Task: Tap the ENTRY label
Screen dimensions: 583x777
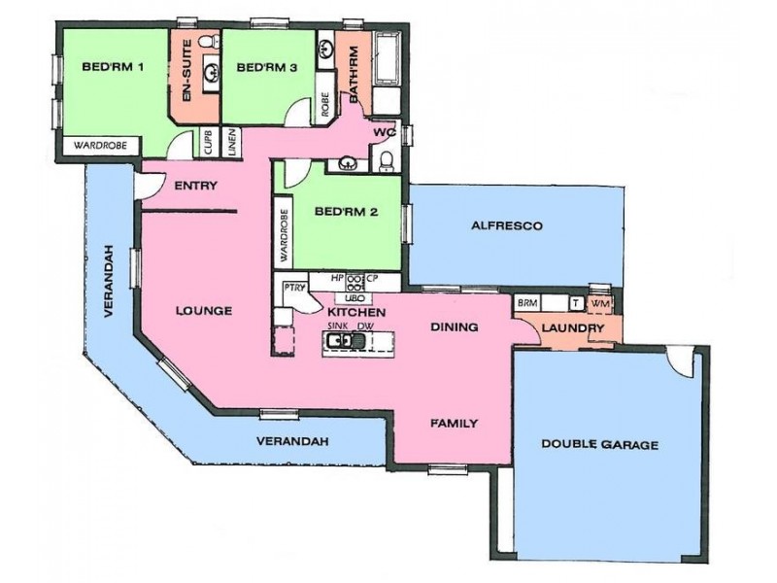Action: (195, 186)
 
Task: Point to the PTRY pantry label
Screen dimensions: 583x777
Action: (294, 288)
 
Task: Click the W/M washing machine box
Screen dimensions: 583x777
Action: (599, 304)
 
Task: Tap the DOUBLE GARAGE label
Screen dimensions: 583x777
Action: (599, 445)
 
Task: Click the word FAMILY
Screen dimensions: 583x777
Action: (454, 424)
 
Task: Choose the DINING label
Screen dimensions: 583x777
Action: (454, 327)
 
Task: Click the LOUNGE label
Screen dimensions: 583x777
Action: (203, 312)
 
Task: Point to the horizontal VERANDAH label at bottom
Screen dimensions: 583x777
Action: (292, 441)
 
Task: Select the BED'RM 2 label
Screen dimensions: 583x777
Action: (347, 212)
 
